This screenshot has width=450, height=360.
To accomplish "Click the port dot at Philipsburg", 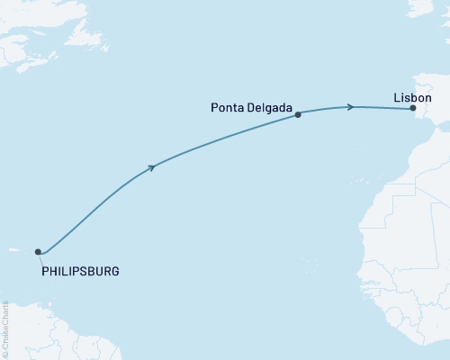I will [38, 252].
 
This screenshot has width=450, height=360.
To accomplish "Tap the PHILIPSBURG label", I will [81, 270].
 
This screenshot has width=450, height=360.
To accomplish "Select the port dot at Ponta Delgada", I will [298, 114].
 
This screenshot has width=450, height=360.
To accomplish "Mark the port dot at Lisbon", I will [413, 109].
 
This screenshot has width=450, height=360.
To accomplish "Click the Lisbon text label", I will [413, 96].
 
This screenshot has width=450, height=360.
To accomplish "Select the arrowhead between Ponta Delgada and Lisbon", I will [349, 107].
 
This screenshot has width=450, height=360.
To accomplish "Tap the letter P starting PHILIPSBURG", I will [45, 270].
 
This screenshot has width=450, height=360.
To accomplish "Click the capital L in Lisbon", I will [397, 96].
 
